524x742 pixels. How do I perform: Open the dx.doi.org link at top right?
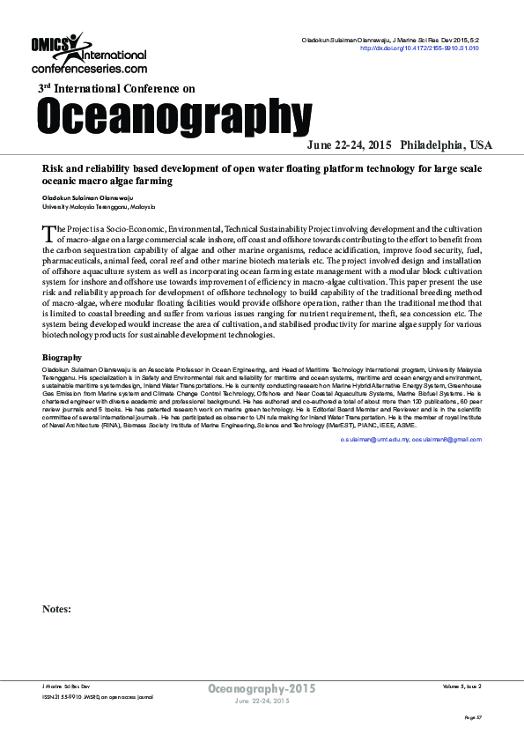420,48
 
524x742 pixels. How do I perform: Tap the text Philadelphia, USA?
447,145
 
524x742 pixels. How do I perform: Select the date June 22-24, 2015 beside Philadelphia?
349,145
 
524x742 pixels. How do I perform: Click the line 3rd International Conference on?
116,89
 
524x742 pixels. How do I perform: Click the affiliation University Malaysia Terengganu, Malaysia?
98,206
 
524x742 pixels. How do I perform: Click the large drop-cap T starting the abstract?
48,233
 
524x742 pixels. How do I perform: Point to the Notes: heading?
55,609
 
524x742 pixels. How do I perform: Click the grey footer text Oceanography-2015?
261,687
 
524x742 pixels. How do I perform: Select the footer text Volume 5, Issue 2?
461,685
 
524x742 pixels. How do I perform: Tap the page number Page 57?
473,718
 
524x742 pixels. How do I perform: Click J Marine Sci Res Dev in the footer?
66,685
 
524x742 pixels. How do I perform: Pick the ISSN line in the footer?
98,696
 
